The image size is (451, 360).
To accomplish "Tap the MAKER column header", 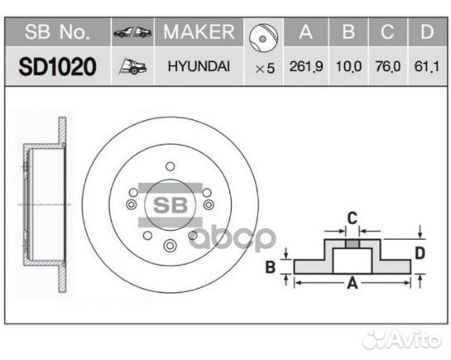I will tap(199, 33).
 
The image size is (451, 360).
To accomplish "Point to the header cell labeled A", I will tap(305, 33).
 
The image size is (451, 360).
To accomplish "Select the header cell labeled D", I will tap(425, 33).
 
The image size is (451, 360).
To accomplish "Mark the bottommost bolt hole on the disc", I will tap(170, 244).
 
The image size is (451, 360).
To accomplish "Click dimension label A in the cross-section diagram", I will tap(352, 284).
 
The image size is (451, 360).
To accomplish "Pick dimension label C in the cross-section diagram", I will tap(351, 218).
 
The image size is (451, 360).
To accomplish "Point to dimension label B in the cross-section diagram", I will tap(270, 266).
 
